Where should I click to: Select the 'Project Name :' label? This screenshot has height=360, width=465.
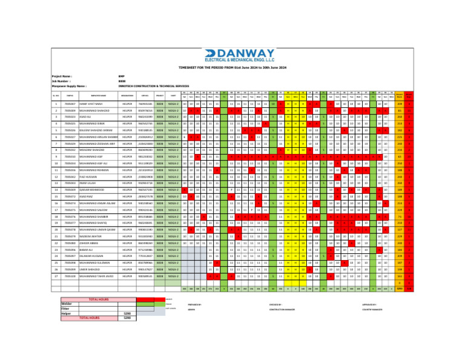point(62,77)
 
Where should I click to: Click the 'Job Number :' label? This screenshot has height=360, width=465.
point(61,81)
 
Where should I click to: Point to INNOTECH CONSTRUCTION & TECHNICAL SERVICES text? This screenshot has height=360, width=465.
point(154,86)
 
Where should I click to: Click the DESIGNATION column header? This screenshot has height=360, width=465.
point(127,95)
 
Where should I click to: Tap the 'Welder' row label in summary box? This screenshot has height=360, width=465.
point(67,304)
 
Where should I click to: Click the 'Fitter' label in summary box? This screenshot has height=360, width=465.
point(66,308)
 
